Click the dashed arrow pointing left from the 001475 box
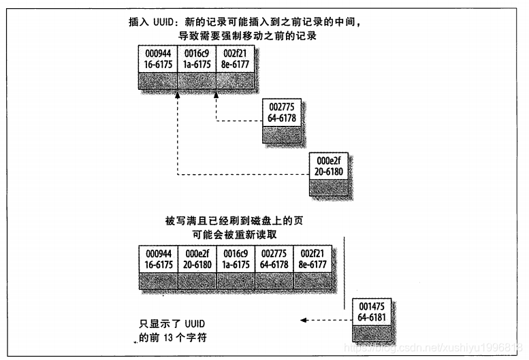pyautogui.click(x=324, y=320)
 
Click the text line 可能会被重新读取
pyautogui.click(x=238, y=234)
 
